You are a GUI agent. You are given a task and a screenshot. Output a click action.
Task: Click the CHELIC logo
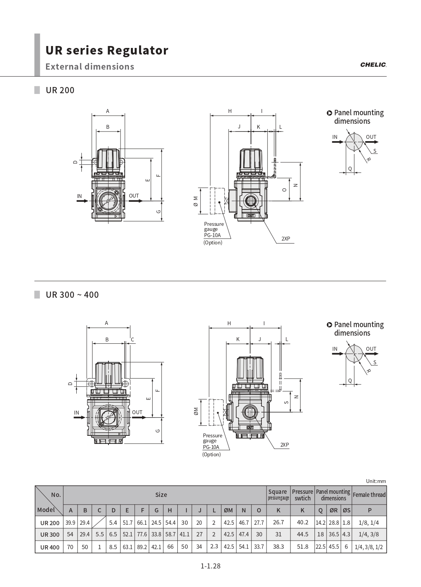373,65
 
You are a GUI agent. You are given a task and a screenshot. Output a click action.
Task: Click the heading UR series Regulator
107,50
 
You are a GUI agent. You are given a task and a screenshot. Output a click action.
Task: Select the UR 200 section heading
60,90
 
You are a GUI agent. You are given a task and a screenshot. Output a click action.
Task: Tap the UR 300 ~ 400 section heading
72,295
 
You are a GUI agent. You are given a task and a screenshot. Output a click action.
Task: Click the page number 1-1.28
210,566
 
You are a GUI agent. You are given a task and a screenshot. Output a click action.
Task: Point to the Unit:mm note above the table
376,481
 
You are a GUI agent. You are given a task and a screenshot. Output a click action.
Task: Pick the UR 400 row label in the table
50,547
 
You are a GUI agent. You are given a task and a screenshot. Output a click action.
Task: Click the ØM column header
228,510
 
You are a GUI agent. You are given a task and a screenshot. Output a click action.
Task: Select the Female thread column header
369,495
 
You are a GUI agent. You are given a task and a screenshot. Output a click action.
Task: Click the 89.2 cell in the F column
142,547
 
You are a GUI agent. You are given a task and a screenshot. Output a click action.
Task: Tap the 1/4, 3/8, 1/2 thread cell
369,547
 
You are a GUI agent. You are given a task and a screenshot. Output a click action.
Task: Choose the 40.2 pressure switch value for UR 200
302,522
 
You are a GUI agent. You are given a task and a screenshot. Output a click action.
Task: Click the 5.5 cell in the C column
99,534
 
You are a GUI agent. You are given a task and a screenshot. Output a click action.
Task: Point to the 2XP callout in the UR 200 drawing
285,239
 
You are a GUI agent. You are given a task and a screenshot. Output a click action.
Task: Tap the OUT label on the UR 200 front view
134,196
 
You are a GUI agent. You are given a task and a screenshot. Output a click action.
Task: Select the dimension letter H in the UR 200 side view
230,111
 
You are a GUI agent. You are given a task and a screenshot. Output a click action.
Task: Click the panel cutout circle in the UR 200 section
354,142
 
